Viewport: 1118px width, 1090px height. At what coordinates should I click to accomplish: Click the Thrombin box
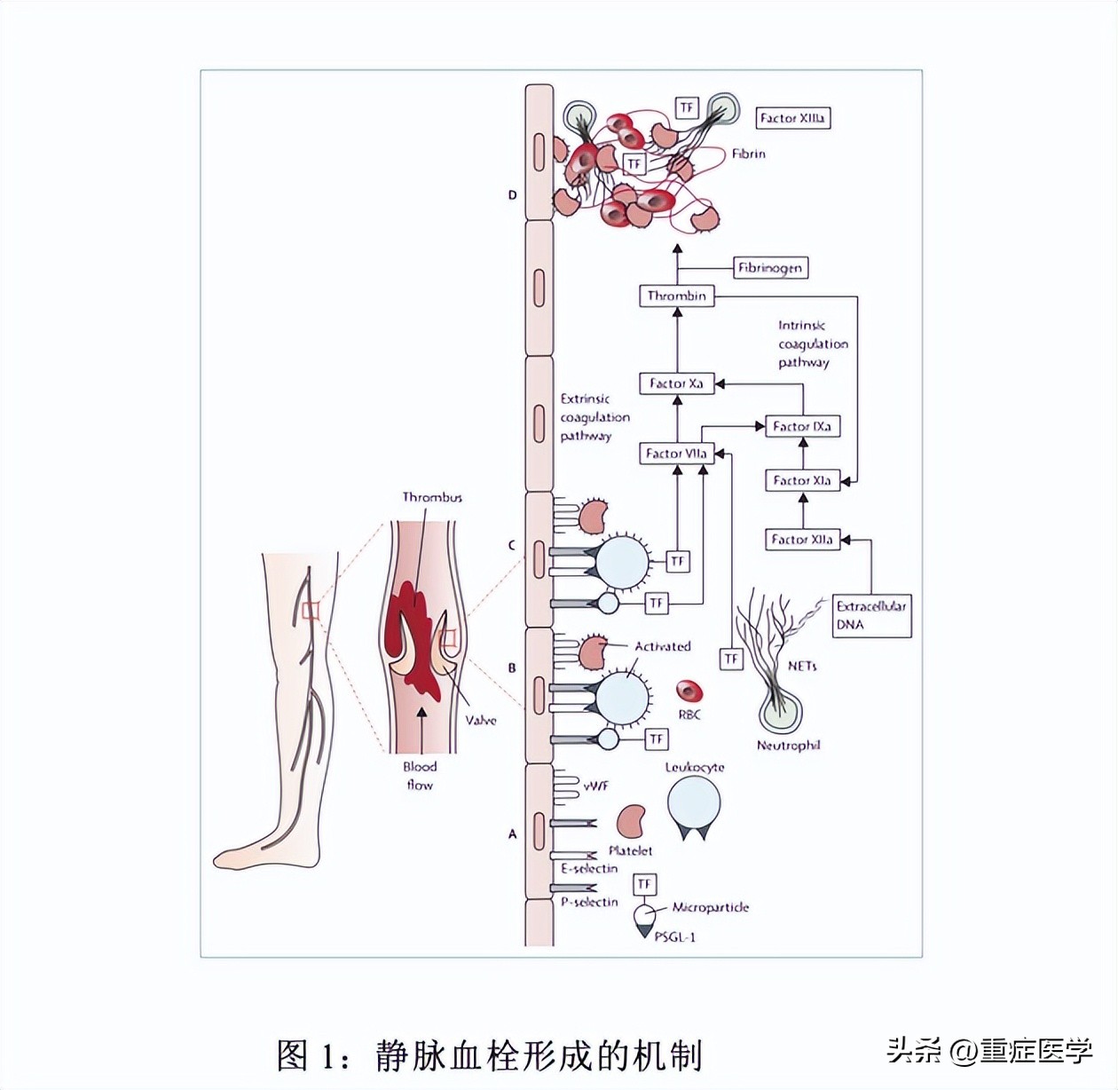(x=676, y=296)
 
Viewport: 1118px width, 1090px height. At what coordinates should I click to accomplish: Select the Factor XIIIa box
(x=792, y=118)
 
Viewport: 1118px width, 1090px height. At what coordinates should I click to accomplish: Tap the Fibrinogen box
(x=770, y=267)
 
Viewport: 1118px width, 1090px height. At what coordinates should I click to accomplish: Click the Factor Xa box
(x=676, y=383)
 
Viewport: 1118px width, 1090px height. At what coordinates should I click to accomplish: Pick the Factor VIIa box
(x=676, y=454)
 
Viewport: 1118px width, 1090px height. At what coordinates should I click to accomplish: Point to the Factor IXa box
(x=802, y=426)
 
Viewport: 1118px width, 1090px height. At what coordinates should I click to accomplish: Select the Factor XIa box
(x=802, y=480)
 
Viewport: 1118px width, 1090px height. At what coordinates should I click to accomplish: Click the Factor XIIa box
(x=802, y=539)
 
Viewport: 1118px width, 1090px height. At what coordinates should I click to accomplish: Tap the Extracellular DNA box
(x=871, y=615)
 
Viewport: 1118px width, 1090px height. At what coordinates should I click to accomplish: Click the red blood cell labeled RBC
(x=689, y=691)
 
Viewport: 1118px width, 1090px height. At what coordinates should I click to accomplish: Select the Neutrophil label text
(x=788, y=746)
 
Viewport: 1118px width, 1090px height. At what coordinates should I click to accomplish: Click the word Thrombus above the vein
(x=432, y=497)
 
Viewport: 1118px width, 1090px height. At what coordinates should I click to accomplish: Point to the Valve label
(x=481, y=720)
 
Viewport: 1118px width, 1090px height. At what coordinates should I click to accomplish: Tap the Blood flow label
(x=420, y=775)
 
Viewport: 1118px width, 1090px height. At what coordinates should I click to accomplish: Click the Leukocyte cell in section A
(x=694, y=803)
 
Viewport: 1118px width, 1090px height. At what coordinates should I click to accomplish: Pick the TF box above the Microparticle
(x=645, y=884)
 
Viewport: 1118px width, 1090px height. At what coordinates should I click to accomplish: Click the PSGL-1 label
(x=674, y=936)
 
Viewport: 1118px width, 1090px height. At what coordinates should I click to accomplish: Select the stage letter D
(x=512, y=195)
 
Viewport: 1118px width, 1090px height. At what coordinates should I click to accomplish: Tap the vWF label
(x=595, y=786)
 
